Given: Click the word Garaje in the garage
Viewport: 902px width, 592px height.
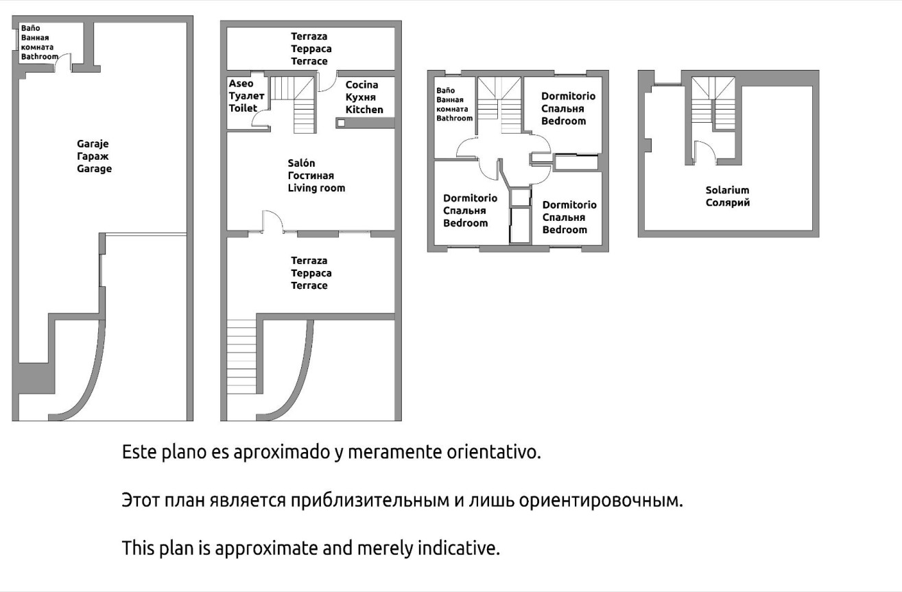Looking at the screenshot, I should pos(93,144).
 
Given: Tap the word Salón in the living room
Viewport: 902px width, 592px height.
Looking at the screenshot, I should pos(301,163).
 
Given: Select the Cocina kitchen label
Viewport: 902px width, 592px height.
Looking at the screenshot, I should pos(361,85).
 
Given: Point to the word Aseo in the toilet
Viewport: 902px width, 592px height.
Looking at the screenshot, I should pos(241,84).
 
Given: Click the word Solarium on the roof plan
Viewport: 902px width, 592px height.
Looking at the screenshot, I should pos(727,190).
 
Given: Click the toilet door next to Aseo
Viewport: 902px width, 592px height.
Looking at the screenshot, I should pos(261,119).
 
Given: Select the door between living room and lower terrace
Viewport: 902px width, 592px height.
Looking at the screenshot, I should pos(272,222).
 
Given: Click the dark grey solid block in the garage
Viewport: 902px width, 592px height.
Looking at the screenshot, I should pos(35,378).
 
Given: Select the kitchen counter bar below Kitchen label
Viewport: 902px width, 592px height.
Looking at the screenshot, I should pos(365,123).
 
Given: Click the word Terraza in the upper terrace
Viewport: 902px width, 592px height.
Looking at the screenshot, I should pos(309,36).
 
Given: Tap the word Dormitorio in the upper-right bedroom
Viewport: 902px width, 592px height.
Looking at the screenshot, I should pos(568,96).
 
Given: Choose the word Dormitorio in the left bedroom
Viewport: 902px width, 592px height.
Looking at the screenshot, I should pos(470,198).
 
